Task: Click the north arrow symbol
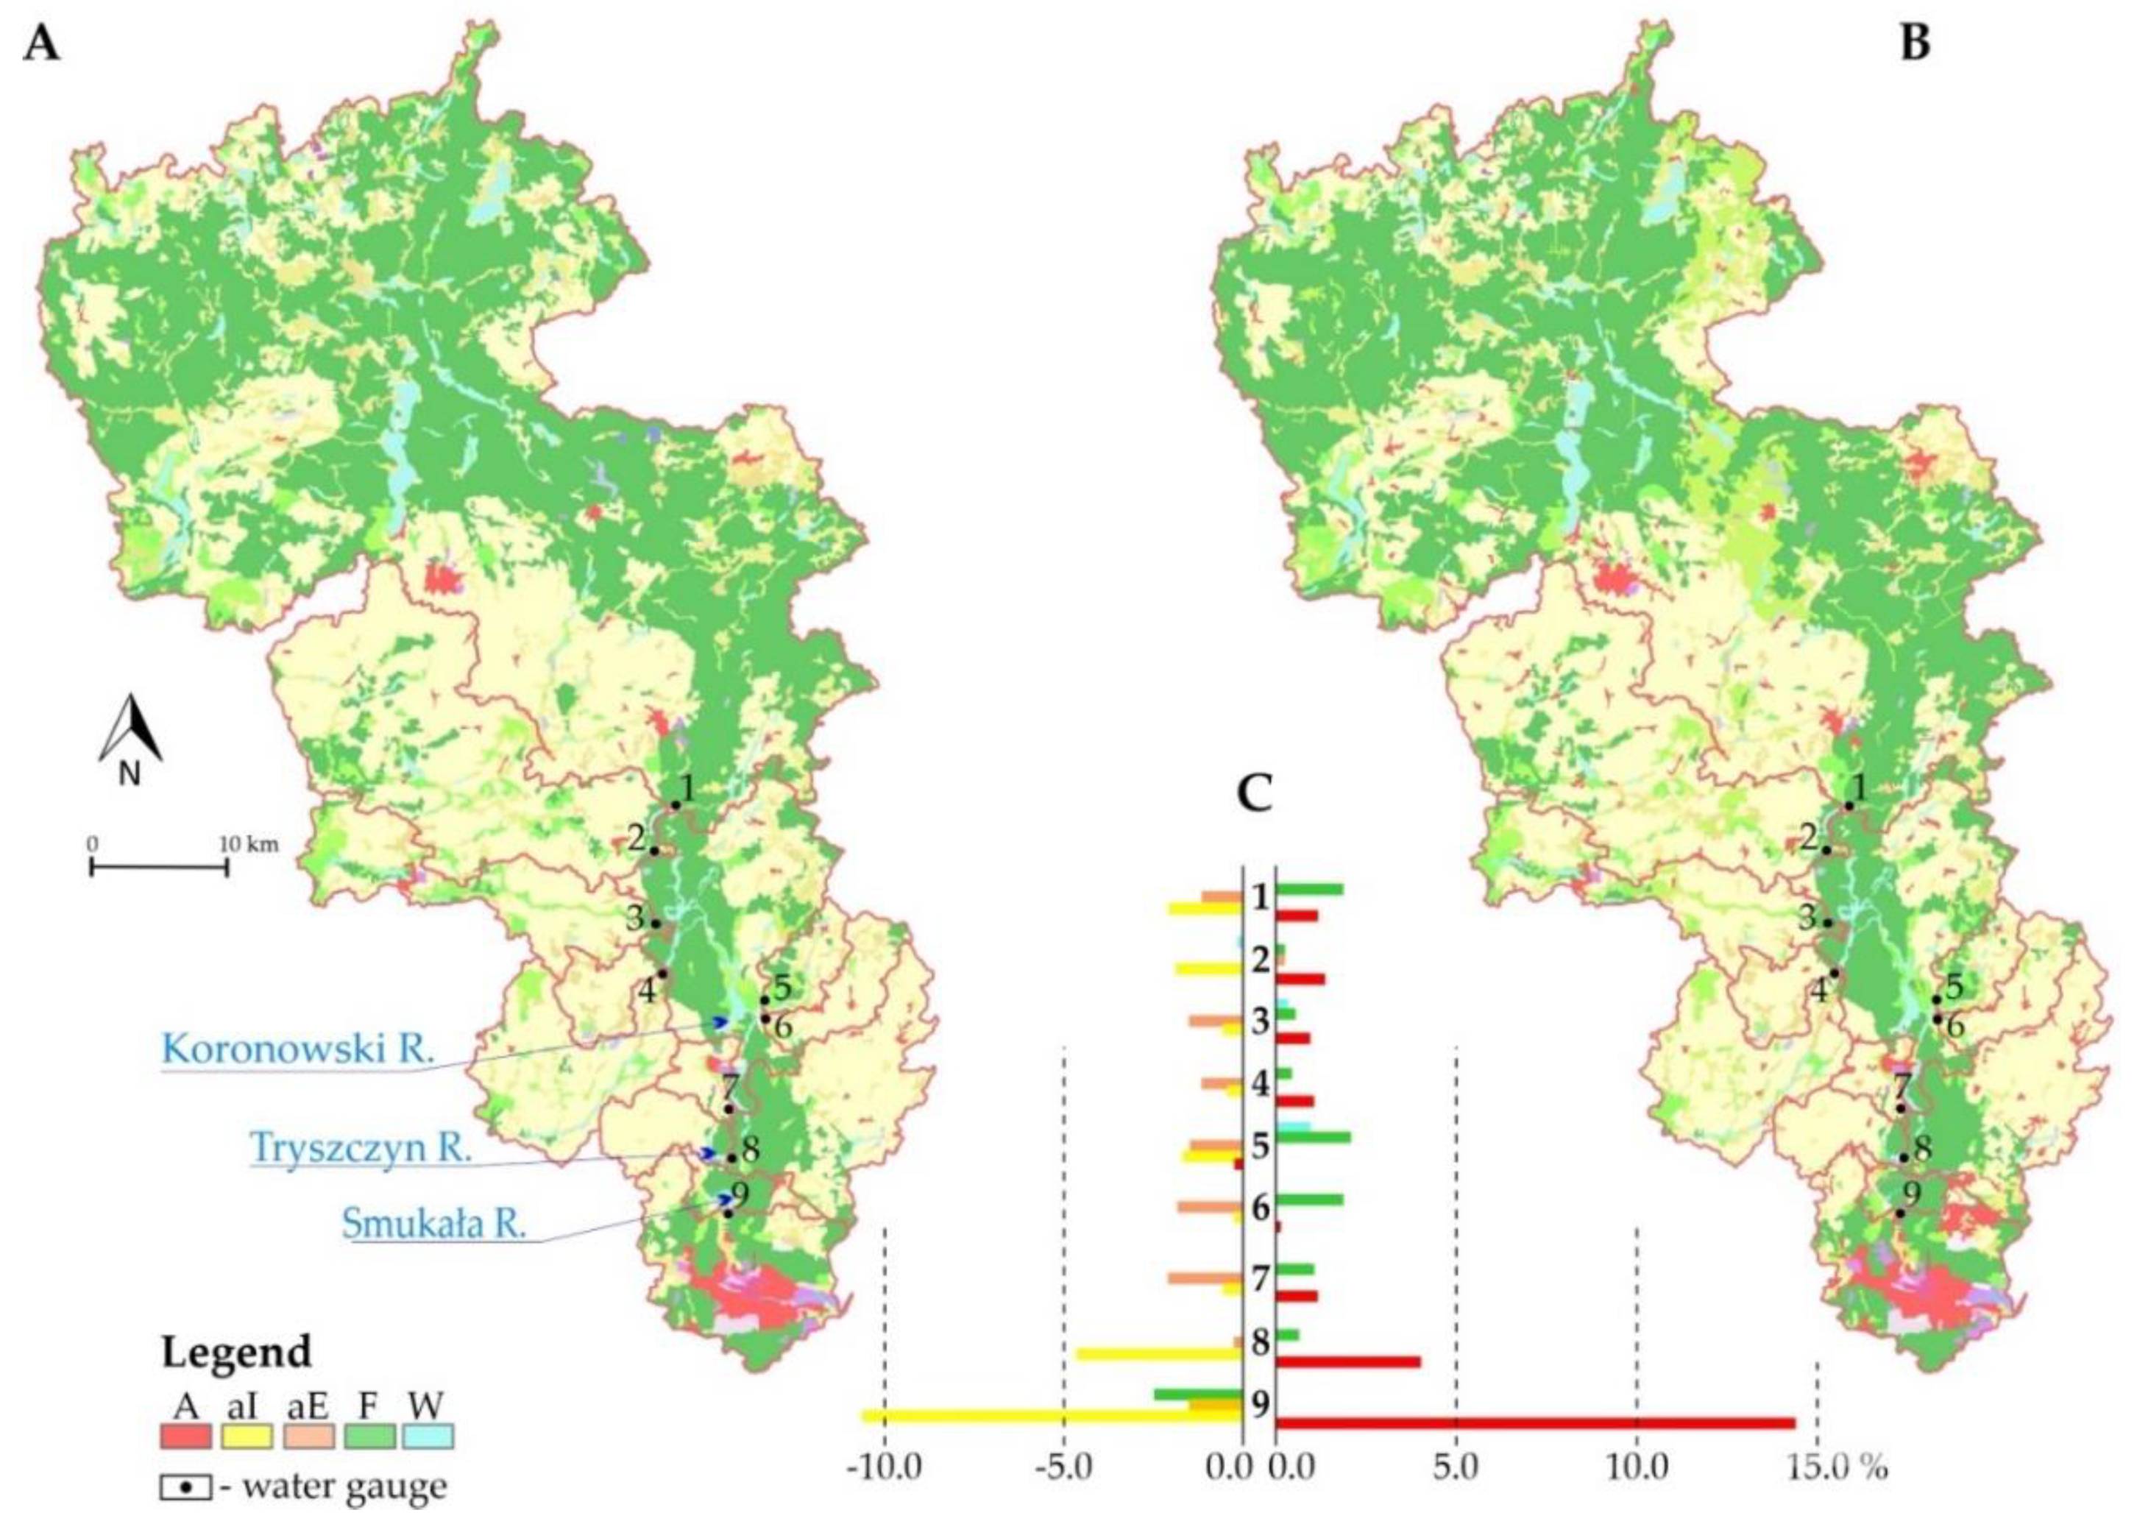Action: tap(131, 738)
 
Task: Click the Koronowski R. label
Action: tap(298, 1049)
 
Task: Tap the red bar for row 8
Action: tap(1347, 1361)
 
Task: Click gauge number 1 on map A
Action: tap(687, 789)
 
